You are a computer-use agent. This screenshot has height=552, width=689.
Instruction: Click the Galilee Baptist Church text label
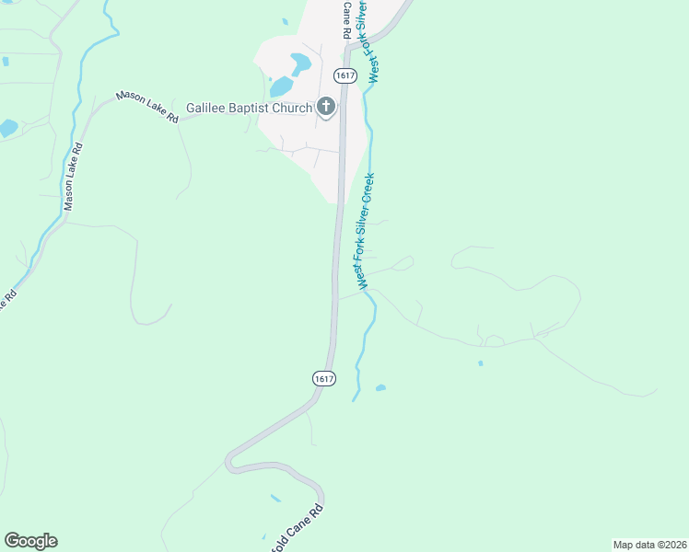click(249, 108)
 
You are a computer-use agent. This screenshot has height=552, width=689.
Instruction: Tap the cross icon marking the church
click(326, 108)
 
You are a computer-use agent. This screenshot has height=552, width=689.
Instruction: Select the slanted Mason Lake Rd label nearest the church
click(146, 107)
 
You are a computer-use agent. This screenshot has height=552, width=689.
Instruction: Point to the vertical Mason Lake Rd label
click(72, 177)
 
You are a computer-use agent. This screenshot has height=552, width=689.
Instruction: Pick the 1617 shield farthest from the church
click(323, 378)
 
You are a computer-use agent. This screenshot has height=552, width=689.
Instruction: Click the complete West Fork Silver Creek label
click(366, 231)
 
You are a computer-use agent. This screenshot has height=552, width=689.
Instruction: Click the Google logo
click(30, 541)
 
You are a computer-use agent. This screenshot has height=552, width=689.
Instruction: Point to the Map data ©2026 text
click(650, 544)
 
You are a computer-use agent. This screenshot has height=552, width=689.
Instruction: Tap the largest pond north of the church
click(300, 63)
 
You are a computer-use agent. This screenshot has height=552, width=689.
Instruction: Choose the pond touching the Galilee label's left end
click(281, 86)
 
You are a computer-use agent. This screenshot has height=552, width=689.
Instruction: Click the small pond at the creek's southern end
click(380, 388)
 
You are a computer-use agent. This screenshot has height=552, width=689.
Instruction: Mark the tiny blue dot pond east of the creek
click(480, 363)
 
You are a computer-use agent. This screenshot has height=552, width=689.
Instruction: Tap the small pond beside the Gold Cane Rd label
click(275, 499)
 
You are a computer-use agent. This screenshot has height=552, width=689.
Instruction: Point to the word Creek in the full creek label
click(369, 190)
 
